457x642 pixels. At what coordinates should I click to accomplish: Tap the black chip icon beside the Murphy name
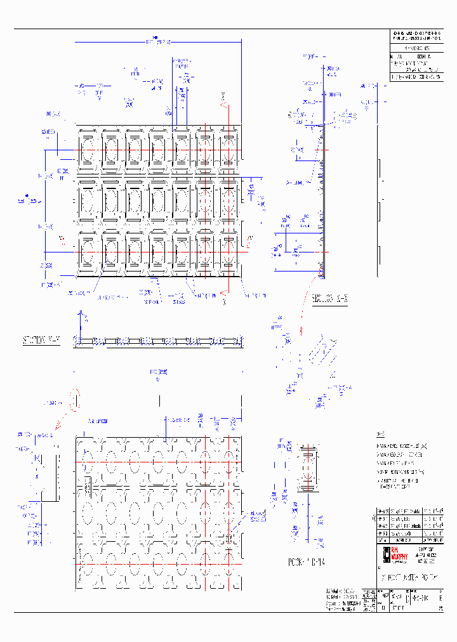(x=385, y=554)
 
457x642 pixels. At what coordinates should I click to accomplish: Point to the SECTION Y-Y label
(x=42, y=341)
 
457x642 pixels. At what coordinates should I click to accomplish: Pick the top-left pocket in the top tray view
(x=88, y=150)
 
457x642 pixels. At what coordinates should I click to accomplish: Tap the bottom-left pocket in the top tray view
(x=88, y=252)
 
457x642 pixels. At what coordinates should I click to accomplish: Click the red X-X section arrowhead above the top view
(x=223, y=97)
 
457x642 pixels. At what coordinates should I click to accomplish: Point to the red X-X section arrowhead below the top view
(x=223, y=294)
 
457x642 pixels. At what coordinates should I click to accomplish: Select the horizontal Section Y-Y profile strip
(x=159, y=342)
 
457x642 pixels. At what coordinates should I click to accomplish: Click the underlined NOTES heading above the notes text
(x=380, y=435)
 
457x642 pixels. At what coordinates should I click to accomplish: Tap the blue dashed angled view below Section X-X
(x=321, y=355)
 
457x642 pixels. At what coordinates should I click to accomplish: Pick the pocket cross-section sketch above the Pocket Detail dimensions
(x=308, y=469)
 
